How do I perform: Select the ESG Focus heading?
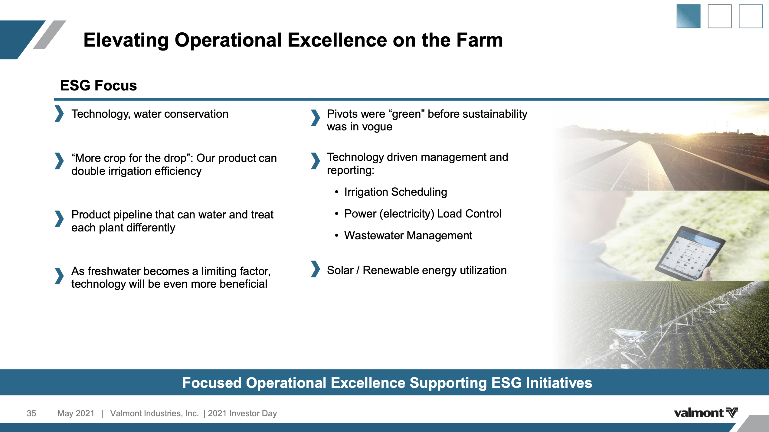pyautogui.click(x=98, y=85)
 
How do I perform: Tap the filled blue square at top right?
pyautogui.click(x=688, y=16)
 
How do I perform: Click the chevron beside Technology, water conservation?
pyautogui.click(x=59, y=114)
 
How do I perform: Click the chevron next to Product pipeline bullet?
pyautogui.click(x=59, y=219)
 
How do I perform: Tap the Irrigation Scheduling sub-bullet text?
pyautogui.click(x=395, y=192)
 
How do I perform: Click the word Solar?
pyautogui.click(x=340, y=270)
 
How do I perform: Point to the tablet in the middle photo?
pyautogui.click(x=690, y=253)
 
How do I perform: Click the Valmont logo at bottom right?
pyautogui.click(x=705, y=413)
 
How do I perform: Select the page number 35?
pyautogui.click(x=31, y=413)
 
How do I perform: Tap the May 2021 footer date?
pyautogui.click(x=76, y=413)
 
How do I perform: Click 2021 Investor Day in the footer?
pyautogui.click(x=242, y=413)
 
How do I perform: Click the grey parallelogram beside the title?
pyautogui.click(x=49, y=35)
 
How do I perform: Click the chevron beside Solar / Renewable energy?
pyautogui.click(x=315, y=269)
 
